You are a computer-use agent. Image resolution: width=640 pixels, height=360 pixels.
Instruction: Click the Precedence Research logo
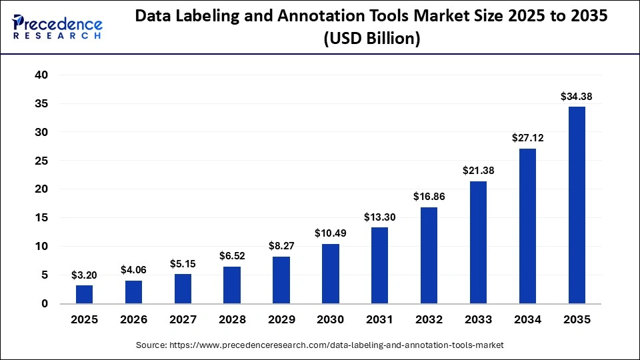[x=57, y=27]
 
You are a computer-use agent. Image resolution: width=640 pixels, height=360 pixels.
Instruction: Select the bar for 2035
[x=576, y=205]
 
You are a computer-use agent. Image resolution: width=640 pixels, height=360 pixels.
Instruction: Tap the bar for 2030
[x=330, y=273]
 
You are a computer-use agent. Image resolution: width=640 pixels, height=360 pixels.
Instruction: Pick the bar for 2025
[x=84, y=294]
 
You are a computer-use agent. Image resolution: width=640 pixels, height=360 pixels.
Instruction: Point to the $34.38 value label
[x=576, y=97]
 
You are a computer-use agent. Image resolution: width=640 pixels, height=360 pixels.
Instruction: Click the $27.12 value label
[x=527, y=138]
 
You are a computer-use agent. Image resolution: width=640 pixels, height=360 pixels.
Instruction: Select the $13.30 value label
[x=379, y=217]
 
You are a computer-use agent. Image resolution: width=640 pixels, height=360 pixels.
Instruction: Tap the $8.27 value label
[x=281, y=245]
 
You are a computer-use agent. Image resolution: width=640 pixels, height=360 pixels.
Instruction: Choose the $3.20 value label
[x=84, y=275]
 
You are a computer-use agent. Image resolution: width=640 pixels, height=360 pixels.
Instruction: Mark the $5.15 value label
[x=183, y=263]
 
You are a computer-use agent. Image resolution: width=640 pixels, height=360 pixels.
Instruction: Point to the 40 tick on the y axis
[x=41, y=75]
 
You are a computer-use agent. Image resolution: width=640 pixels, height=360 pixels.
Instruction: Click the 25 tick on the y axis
[x=41, y=161]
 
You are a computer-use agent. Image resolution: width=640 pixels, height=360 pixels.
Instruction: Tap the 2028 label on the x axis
[x=231, y=320]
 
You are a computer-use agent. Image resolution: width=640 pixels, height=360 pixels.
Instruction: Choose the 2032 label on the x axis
[x=429, y=320]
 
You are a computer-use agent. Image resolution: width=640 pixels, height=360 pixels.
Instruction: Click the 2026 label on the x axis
[x=133, y=320]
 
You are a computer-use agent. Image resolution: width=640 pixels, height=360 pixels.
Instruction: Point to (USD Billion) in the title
[x=371, y=39]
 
